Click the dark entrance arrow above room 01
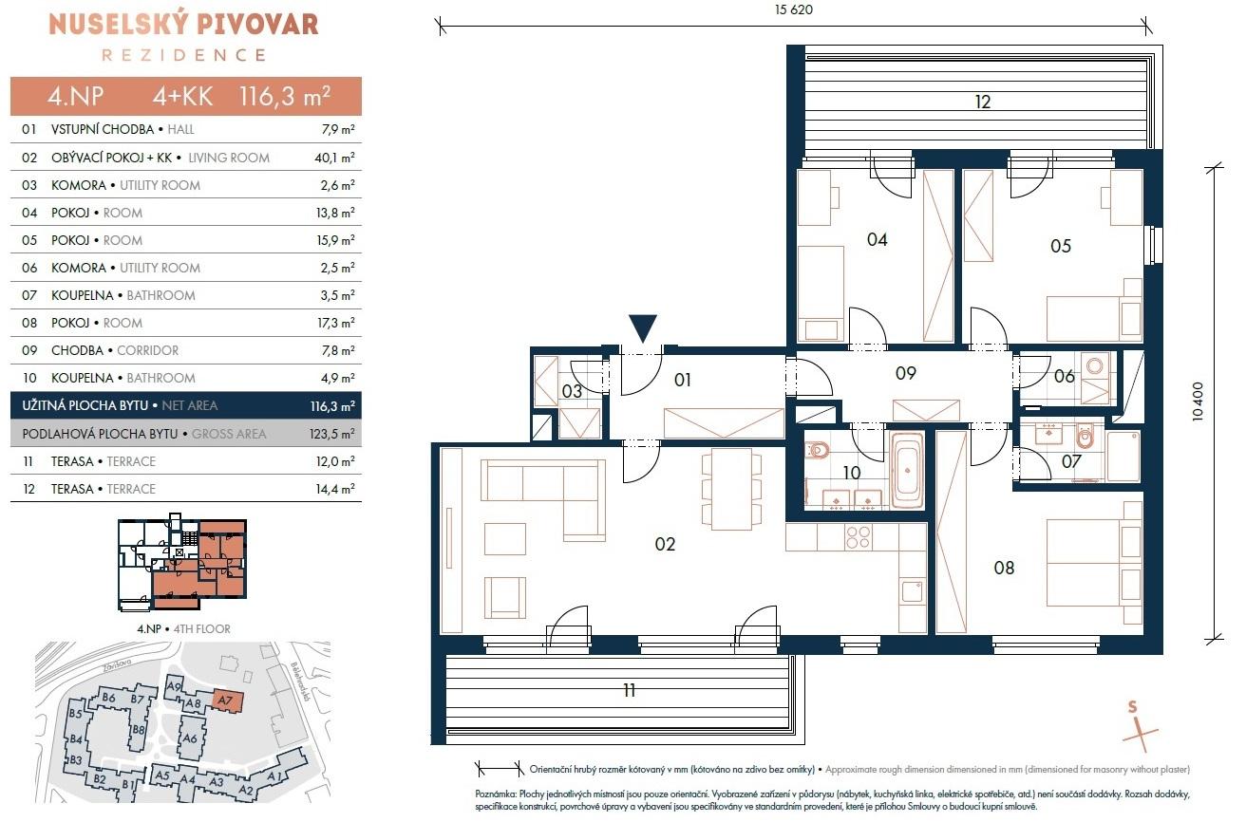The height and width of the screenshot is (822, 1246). (642, 327)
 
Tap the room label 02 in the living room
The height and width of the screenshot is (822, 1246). (665, 544)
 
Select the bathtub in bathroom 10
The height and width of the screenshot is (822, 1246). (907, 470)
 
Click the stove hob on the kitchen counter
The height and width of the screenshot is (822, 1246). (858, 537)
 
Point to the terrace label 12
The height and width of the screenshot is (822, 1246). (982, 102)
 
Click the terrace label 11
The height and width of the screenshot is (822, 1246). (629, 690)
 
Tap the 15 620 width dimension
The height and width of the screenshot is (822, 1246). (794, 9)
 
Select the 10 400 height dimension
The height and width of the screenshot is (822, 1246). (1198, 402)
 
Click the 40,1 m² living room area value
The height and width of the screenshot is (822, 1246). (334, 158)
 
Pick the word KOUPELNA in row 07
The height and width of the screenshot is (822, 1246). (83, 295)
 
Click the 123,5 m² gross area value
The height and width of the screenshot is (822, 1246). (332, 434)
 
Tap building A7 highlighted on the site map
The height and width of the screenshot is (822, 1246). (225, 701)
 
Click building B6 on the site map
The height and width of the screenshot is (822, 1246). (108, 697)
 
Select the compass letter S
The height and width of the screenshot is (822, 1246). (1132, 707)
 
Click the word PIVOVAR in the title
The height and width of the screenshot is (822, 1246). (251, 25)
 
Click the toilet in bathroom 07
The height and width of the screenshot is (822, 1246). (1085, 437)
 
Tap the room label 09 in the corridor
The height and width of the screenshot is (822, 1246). (906, 373)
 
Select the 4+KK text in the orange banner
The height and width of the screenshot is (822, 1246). (182, 96)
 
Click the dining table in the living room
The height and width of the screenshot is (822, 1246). (732, 492)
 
